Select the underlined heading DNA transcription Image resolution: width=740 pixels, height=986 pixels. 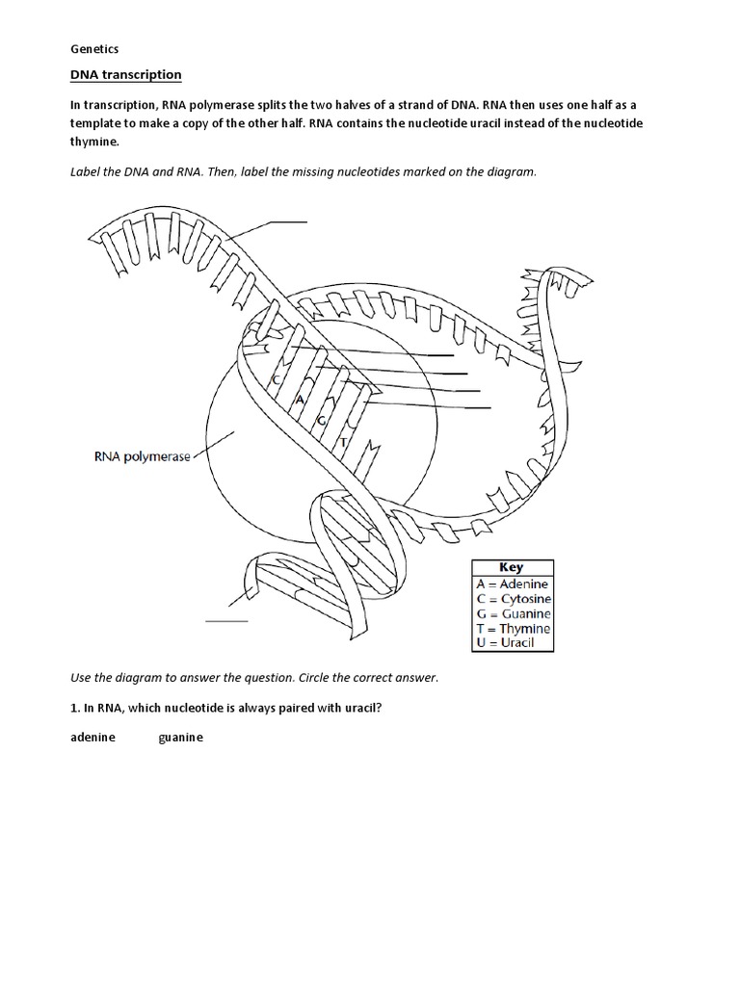click(x=126, y=75)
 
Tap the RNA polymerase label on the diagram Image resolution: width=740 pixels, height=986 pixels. click(x=142, y=457)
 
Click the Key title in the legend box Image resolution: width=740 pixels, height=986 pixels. click(x=511, y=568)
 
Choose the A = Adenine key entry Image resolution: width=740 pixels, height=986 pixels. click(x=512, y=584)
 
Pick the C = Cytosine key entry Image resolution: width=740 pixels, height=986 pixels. click(x=514, y=599)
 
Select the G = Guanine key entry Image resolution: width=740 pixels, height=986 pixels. click(x=514, y=613)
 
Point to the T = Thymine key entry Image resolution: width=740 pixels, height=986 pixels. click(x=514, y=629)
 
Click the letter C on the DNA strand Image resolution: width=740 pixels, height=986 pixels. click(x=276, y=380)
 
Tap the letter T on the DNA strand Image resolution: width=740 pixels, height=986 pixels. click(x=342, y=442)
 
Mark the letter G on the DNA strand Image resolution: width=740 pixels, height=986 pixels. click(x=321, y=422)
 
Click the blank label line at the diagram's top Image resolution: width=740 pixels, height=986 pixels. click(x=288, y=221)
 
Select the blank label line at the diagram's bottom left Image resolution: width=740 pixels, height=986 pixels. click(x=227, y=621)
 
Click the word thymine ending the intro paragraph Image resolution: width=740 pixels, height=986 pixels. click(x=95, y=141)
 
